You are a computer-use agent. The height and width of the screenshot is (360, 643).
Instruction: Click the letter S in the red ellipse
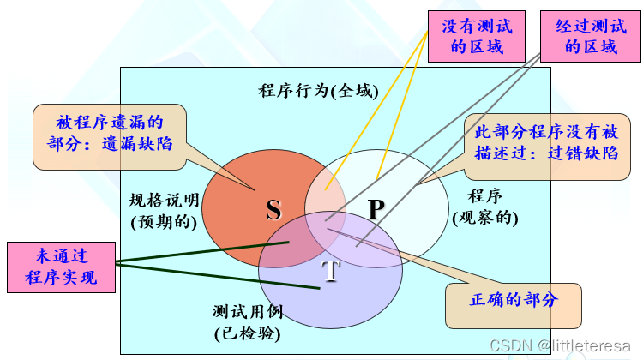[x=273, y=209]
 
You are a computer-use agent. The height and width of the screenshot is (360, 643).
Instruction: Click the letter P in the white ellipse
[x=376, y=209]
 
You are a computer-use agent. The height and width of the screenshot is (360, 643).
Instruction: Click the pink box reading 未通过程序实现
[x=59, y=267]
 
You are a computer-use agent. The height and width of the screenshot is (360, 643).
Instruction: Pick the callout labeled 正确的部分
[x=514, y=301]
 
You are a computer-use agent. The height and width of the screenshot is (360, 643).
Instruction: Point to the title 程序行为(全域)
[x=317, y=90]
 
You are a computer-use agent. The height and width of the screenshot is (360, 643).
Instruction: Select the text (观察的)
[x=485, y=218]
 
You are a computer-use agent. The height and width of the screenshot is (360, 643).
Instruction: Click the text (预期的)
[x=164, y=222]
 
